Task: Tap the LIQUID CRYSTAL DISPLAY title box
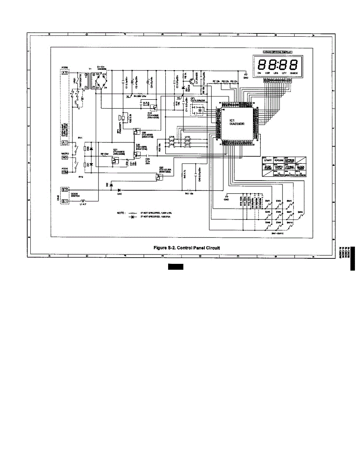point(276,52)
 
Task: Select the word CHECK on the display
point(293,73)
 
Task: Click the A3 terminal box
point(64,73)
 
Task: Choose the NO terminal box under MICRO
point(64,158)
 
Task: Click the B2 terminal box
point(64,190)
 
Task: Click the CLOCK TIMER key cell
point(300,168)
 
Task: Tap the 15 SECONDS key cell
point(300,175)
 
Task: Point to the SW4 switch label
point(300,212)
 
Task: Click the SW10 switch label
point(289,223)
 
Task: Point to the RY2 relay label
point(81,177)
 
